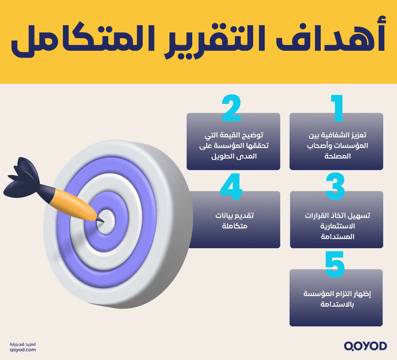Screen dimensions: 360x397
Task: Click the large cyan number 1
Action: click(337, 109)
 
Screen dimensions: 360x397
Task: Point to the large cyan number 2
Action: click(231, 108)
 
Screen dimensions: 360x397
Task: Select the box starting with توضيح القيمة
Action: click(233, 145)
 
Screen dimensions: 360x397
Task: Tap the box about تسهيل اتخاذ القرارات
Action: click(336, 225)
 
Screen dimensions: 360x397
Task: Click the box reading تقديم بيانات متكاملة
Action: click(233, 220)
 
